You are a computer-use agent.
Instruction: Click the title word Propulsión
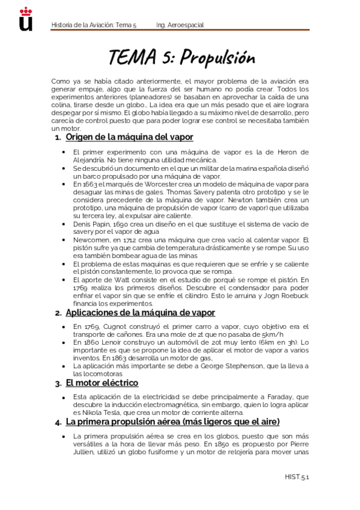click(218, 58)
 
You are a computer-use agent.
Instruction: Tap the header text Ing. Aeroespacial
click(180, 25)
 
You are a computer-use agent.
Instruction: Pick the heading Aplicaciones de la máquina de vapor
click(140, 313)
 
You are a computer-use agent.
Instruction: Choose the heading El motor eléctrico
click(102, 383)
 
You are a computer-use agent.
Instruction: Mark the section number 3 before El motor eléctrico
click(56, 384)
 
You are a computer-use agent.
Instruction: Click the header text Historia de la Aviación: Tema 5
click(94, 25)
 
